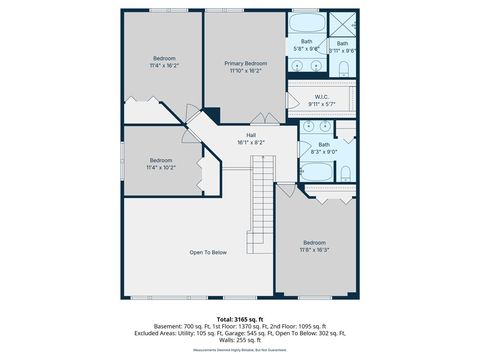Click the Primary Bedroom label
(x=245, y=63)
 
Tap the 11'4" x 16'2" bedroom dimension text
(x=163, y=66)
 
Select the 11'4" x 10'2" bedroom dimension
(x=161, y=168)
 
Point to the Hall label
(x=253, y=135)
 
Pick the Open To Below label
(x=208, y=252)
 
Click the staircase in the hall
(x=262, y=200)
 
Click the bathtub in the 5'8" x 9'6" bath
(x=306, y=24)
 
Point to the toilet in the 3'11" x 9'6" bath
(x=342, y=68)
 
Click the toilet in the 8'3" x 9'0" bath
(x=345, y=173)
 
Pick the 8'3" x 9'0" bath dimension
(x=324, y=151)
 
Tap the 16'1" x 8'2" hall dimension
(x=253, y=142)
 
